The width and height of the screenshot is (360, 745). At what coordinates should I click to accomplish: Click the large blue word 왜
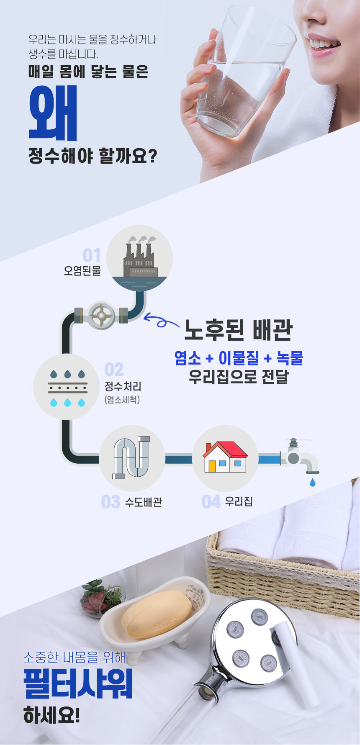(53, 113)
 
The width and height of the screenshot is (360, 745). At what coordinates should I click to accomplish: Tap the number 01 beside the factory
(92, 255)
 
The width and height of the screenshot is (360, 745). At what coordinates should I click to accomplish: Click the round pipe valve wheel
(101, 315)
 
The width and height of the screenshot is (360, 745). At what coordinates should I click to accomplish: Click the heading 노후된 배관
(238, 330)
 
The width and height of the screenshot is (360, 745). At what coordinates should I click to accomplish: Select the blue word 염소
(188, 358)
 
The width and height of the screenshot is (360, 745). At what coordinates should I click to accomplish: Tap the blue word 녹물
(290, 358)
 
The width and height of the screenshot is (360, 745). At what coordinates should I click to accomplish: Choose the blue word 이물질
(239, 358)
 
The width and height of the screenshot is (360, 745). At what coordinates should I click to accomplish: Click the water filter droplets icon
(67, 388)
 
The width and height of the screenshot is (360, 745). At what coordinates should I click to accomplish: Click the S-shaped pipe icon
(131, 458)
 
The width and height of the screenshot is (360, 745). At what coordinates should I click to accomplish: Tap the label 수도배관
(144, 502)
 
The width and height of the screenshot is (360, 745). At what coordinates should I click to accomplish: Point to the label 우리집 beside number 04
(239, 501)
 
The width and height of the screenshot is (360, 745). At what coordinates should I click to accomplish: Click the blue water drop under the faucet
(312, 483)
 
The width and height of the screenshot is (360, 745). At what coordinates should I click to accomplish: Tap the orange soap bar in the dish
(157, 614)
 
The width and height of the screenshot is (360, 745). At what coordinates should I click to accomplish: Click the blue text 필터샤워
(78, 684)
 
